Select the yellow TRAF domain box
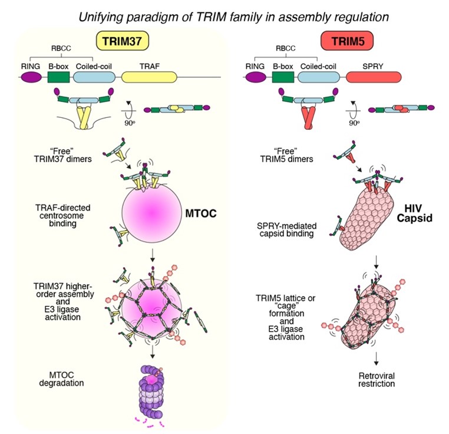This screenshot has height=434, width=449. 148,77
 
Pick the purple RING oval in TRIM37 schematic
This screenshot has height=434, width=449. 30,77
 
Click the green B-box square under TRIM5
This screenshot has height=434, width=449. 283,77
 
